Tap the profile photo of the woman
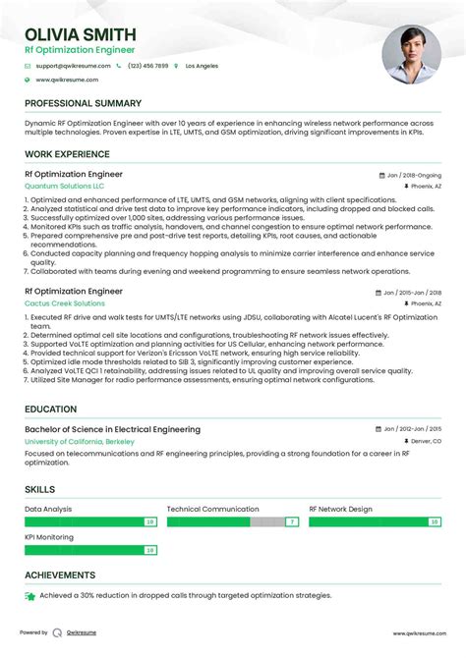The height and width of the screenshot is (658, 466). [x=412, y=54]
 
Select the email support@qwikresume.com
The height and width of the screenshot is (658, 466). [x=72, y=66]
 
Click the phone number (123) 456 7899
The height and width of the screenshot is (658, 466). [x=147, y=66]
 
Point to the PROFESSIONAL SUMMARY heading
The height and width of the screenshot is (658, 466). [x=83, y=103]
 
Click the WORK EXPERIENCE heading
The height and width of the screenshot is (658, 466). [x=66, y=154]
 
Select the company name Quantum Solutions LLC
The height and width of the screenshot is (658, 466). [x=64, y=186]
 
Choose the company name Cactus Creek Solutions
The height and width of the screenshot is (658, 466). [x=65, y=303]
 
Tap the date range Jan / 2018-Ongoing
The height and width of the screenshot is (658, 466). [x=414, y=175]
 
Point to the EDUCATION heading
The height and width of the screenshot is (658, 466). [x=51, y=410]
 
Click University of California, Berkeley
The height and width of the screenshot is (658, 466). [x=80, y=442]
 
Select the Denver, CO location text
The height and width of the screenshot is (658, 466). [x=425, y=442]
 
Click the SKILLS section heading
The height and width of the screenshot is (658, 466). [x=40, y=488]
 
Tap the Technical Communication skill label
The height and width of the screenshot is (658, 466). [x=212, y=510]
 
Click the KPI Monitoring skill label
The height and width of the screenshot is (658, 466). [x=49, y=537]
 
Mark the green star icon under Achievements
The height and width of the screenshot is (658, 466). [x=30, y=596]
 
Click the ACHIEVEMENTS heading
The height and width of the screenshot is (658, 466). [x=60, y=575]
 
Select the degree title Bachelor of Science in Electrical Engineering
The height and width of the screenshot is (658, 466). [x=112, y=429]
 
